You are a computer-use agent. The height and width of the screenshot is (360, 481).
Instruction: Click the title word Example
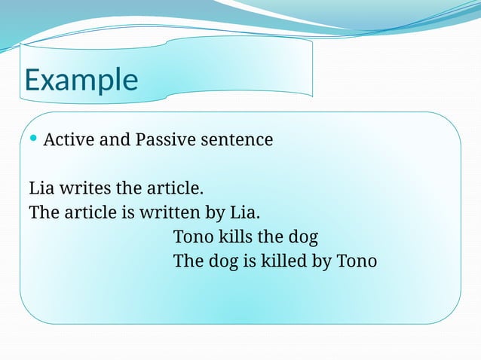81,81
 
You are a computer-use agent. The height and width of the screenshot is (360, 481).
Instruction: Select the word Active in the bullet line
68,140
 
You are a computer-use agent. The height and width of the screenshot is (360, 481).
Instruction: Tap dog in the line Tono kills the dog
302,237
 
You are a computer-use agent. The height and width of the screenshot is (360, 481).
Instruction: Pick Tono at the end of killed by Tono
356,261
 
